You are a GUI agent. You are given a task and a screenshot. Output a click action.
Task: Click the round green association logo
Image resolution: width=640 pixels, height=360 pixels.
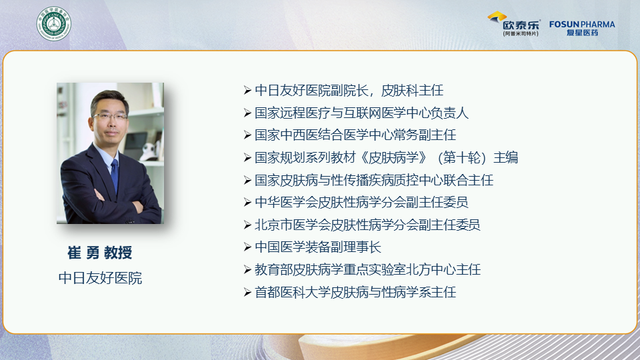coord(53,23)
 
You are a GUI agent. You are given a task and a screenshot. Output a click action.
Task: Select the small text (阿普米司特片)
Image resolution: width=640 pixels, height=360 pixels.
coord(521,34)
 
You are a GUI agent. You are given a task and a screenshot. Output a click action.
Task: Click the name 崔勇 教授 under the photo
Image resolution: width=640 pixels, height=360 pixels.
coord(100,253)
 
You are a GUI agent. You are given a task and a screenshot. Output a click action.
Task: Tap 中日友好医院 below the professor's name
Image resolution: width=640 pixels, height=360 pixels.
coord(101,278)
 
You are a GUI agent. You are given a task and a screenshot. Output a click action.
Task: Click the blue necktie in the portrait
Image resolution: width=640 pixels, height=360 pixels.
coord(115,175)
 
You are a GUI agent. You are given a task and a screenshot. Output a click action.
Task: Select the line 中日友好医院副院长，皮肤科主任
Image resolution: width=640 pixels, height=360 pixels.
coord(349,90)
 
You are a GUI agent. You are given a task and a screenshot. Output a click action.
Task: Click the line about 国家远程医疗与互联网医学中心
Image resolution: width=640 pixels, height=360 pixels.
coord(361,113)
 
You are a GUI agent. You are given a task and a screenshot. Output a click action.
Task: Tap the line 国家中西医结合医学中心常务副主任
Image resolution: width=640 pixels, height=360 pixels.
coord(355,135)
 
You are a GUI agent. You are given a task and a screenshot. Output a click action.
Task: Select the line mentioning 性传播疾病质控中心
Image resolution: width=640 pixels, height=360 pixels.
coord(374,180)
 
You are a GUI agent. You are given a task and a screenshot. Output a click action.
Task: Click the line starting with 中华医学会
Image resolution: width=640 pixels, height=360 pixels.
coord(361,202)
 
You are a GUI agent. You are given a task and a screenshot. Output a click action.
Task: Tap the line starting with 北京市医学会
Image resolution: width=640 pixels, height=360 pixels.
coord(367,225)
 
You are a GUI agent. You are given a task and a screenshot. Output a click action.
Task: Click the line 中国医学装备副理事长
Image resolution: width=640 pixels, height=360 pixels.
coord(318,247)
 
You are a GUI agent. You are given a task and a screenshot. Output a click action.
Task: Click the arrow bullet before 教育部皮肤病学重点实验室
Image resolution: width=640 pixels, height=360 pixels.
coord(247,269)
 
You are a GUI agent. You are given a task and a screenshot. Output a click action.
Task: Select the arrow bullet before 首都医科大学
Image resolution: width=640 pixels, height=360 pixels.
coord(247,292)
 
